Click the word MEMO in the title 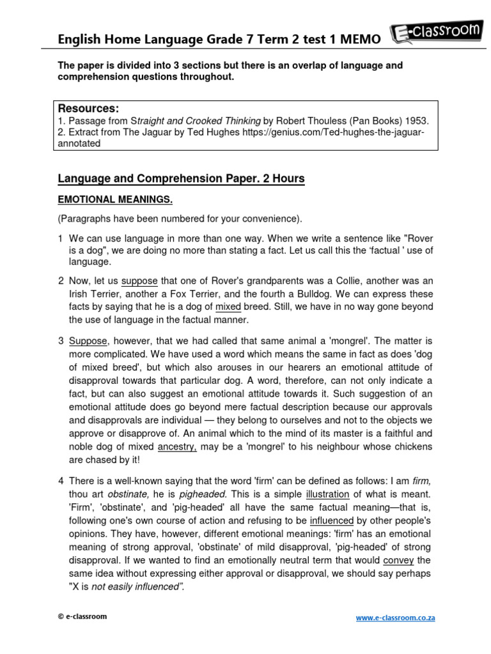[x=359, y=40]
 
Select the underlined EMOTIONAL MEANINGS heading [x=115, y=200]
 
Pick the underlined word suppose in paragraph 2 [x=139, y=281]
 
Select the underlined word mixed [x=228, y=307]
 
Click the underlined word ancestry [x=177, y=446]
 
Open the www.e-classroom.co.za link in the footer [x=394, y=618]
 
